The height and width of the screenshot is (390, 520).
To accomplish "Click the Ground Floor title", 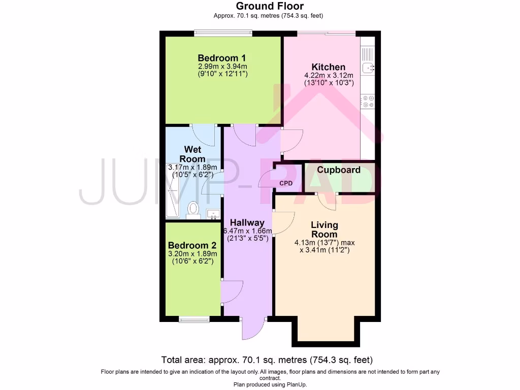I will tap(270, 6).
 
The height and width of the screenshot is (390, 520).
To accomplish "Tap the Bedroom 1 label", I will tap(222, 58).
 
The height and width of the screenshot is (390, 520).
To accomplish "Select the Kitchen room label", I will tap(328, 67).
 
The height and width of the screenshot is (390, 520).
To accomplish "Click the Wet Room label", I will tap(192, 154).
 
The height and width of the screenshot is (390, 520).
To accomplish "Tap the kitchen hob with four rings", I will tap(367, 102).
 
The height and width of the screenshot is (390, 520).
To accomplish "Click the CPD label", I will tap(286, 183).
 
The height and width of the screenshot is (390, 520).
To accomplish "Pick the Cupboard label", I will tap(339, 170).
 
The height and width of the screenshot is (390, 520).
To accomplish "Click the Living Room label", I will tap(324, 230).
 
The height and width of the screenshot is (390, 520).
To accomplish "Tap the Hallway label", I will tap(247, 222).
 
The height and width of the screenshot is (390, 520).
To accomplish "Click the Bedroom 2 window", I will tap(194, 319).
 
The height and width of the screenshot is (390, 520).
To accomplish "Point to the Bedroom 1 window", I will tap(223, 34).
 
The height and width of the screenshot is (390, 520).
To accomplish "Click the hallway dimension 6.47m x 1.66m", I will tap(247, 231).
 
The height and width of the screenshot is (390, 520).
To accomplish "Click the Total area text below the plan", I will tap(267, 360).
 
